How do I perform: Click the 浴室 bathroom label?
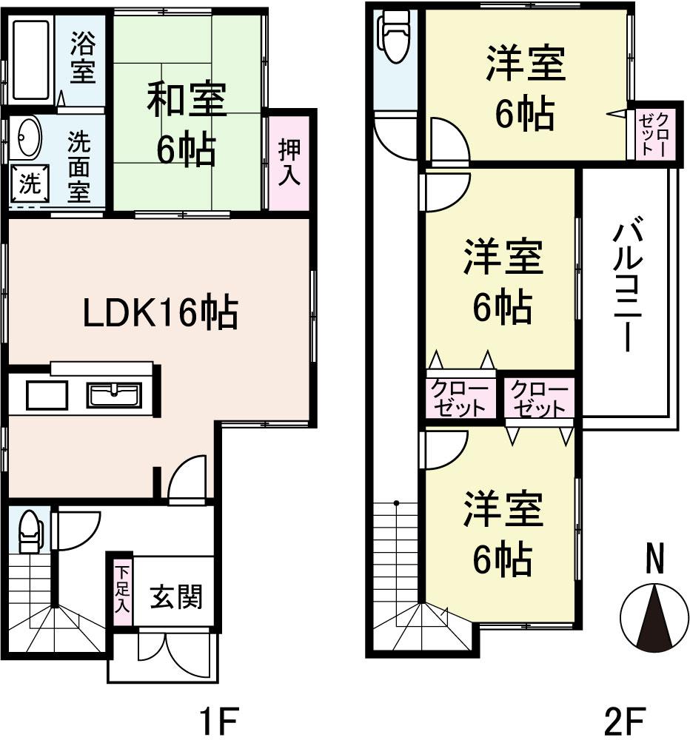point(81,58)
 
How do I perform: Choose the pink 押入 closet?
point(289,163)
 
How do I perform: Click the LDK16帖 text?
point(159,314)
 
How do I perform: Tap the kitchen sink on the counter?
point(114,395)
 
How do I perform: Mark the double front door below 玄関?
point(176,651)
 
